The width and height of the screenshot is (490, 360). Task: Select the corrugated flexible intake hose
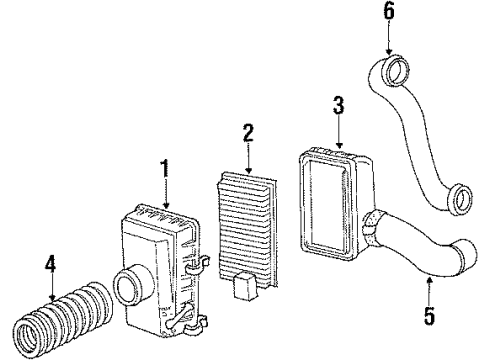pyautogui.click(x=66, y=310)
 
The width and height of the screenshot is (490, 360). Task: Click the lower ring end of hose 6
pyautogui.click(x=460, y=200)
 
